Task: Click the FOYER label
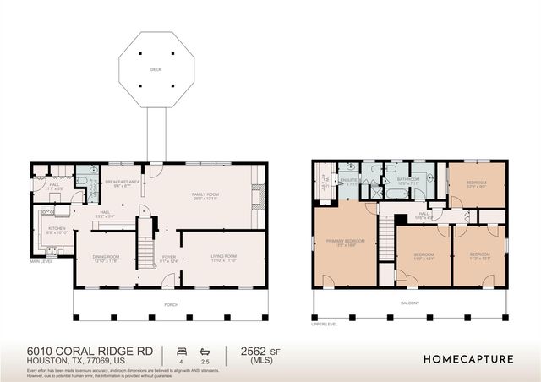[169, 259]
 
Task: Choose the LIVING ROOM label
[223, 258]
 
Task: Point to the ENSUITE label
[348, 180]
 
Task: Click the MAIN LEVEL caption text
[41, 261]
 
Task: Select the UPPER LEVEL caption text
[325, 323]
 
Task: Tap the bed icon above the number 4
[180, 350]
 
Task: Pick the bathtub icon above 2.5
[205, 350]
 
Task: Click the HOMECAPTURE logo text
[468, 358]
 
